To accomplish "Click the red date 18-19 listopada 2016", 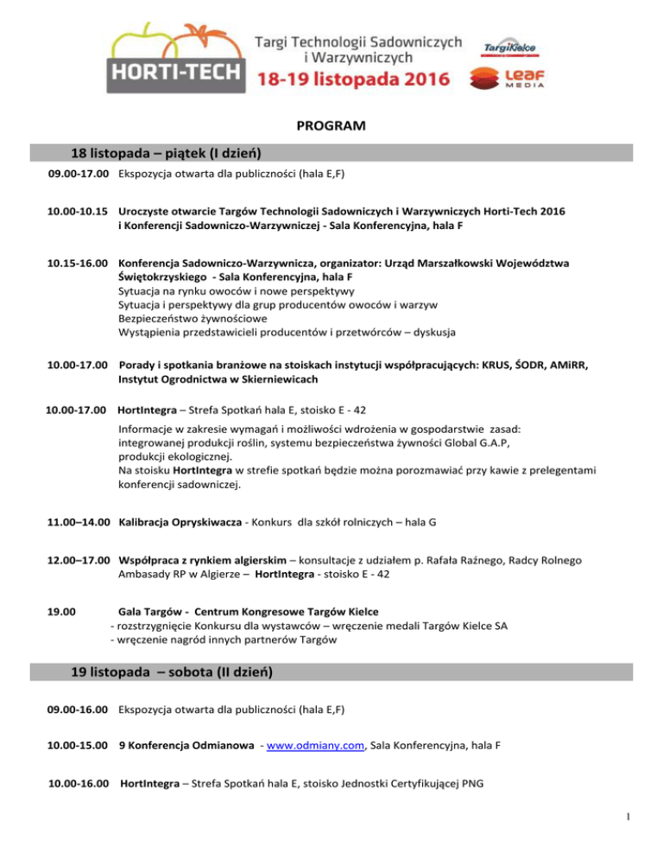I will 354,80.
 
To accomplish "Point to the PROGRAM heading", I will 331,126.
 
